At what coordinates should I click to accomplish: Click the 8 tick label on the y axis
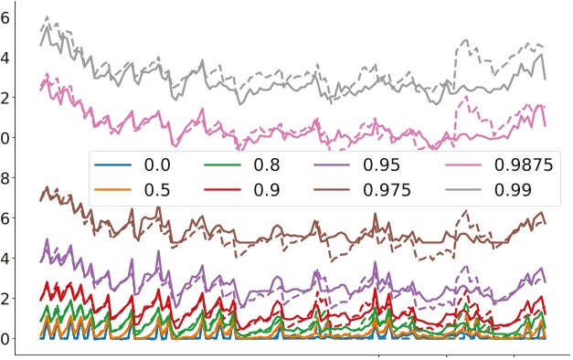[x=5, y=178]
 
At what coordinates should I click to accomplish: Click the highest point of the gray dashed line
[x=47, y=16]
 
